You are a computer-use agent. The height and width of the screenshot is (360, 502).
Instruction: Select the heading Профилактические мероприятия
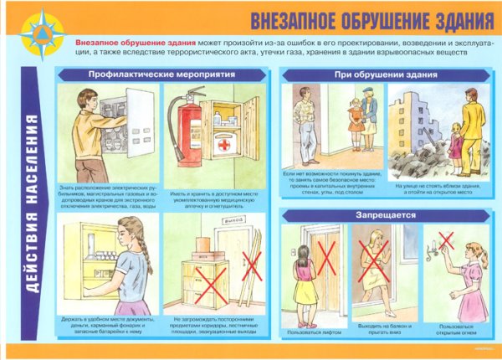click(x=159, y=75)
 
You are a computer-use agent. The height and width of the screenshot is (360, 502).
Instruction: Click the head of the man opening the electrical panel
click(x=91, y=95)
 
